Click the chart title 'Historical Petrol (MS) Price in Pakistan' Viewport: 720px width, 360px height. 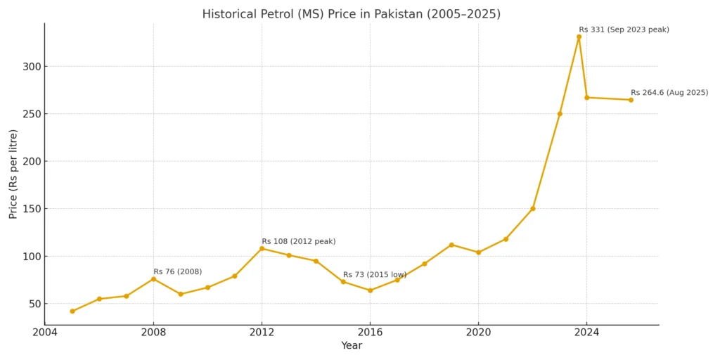[351, 14]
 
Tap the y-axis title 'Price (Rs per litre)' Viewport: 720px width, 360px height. [13, 174]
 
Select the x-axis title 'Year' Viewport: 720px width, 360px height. [351, 346]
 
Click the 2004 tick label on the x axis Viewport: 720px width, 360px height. [45, 333]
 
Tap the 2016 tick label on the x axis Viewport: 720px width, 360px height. [370, 333]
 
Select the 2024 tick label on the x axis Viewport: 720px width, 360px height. [586, 333]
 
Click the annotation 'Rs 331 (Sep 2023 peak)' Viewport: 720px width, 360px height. [624, 30]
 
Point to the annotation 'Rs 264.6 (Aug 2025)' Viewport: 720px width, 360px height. [669, 93]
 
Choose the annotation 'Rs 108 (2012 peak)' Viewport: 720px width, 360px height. [299, 242]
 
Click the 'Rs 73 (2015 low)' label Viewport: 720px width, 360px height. [375, 275]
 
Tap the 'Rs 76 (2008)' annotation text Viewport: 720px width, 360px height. [178, 272]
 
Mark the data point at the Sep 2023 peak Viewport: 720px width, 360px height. [579, 37]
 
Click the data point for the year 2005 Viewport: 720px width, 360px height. [72, 311]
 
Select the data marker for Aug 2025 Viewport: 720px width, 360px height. [631, 100]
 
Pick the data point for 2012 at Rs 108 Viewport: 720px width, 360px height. [262, 248]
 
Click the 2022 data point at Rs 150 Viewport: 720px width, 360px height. [533, 209]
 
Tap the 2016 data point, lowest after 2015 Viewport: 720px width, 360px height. [370, 290]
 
